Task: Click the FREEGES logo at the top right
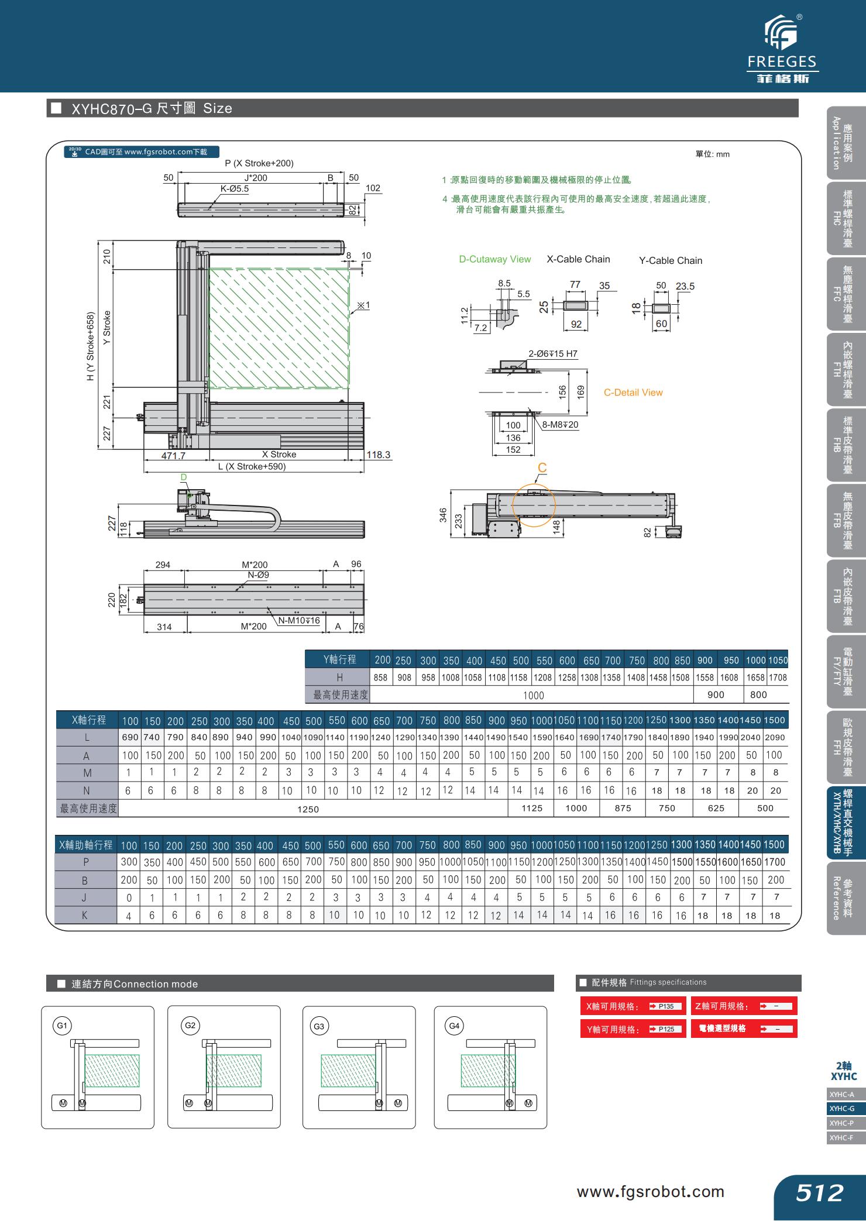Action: [x=782, y=50]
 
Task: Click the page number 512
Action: [x=819, y=1192]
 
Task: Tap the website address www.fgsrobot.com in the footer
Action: [x=650, y=1191]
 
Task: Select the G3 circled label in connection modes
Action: [x=318, y=1026]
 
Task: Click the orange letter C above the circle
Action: [x=542, y=468]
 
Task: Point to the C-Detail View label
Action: [x=633, y=393]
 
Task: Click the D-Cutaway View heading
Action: [x=494, y=259]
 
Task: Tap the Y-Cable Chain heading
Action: [x=670, y=260]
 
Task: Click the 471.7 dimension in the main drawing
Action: [x=173, y=455]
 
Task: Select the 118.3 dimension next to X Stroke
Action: [x=378, y=455]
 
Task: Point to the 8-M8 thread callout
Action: [x=560, y=425]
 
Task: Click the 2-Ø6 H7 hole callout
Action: [x=552, y=353]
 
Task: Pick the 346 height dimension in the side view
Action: [x=443, y=514]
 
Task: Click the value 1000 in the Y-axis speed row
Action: [x=533, y=695]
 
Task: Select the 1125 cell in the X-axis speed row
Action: [x=531, y=808]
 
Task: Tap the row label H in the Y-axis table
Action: [x=339, y=677]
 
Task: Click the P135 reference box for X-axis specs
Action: [x=666, y=1006]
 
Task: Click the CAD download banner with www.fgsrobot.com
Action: [x=142, y=152]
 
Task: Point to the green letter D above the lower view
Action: [x=183, y=477]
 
